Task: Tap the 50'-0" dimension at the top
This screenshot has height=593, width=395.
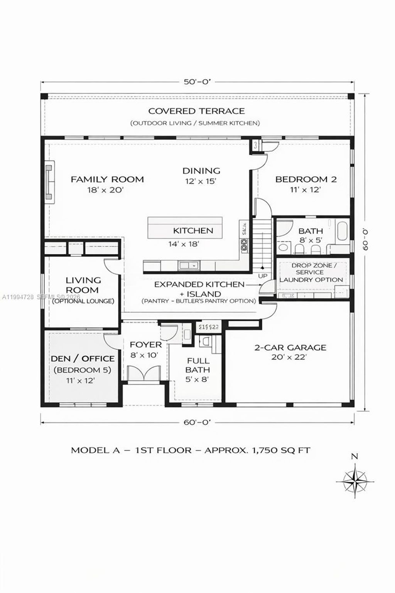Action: tap(197, 82)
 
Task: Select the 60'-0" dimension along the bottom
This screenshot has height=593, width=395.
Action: tap(197, 422)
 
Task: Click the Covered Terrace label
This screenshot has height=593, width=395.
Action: tap(196, 111)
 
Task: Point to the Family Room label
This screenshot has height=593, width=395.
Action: tap(107, 180)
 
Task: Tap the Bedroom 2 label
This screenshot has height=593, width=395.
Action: tap(306, 180)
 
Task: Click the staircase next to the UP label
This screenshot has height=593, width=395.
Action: tap(262, 247)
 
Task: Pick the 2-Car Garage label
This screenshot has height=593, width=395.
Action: tap(290, 348)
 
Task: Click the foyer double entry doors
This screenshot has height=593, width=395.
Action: tap(143, 373)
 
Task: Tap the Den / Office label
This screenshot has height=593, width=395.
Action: tap(83, 359)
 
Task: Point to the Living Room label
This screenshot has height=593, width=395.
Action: tap(83, 285)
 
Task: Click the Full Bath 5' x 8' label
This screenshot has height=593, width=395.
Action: tap(198, 369)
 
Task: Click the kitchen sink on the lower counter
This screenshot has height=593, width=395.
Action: tap(188, 266)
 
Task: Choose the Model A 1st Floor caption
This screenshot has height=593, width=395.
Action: tap(191, 450)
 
